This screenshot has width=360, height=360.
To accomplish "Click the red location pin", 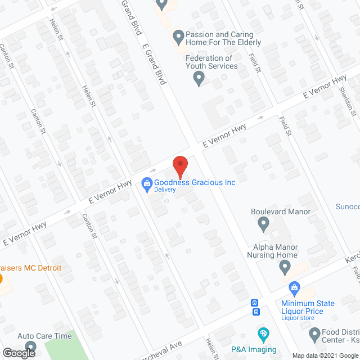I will point(179,166).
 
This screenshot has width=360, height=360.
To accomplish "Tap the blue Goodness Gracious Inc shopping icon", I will point(146,182).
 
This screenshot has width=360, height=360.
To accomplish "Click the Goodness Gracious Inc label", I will point(195,182).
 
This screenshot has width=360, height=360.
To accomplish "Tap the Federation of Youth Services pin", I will point(198,79).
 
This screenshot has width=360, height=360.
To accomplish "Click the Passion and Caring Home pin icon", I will point(178,37).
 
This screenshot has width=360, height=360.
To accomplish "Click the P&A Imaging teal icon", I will point(262,335).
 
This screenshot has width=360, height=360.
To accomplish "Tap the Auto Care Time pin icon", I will point(30,347).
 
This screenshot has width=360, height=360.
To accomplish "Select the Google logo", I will point(19,353).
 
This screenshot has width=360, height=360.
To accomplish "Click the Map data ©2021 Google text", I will point(325,355).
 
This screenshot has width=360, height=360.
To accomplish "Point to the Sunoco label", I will point(348,206).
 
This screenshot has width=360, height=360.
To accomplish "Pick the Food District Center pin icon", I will point(315,335).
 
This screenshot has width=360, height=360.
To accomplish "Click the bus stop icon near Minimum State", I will point(255,307).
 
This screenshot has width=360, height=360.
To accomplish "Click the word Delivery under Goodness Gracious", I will point(166,190).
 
